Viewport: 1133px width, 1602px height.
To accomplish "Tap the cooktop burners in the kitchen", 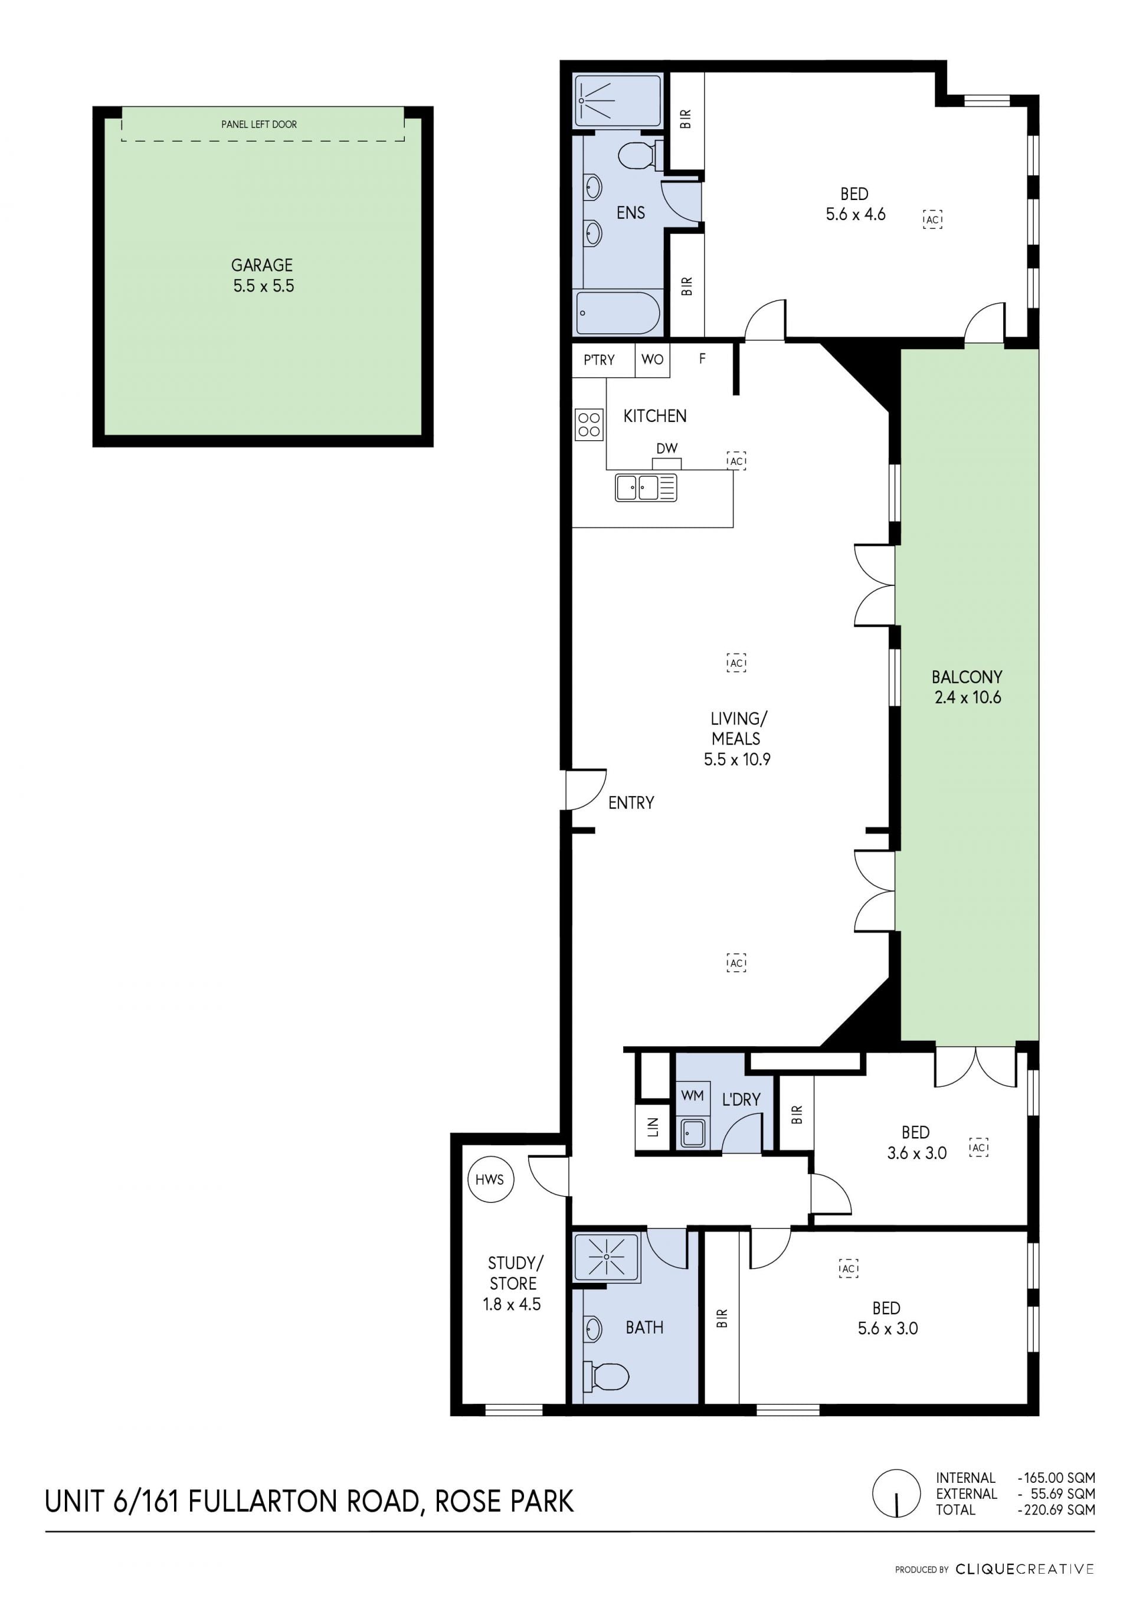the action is coord(589,424).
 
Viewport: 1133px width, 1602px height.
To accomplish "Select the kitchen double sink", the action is coord(646,488).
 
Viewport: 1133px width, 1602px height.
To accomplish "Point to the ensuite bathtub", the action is coord(617,313).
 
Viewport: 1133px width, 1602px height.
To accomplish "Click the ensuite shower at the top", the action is coord(617,101).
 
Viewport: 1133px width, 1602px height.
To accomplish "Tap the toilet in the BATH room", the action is coord(605,1377).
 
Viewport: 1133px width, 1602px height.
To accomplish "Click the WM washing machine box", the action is coord(693,1096).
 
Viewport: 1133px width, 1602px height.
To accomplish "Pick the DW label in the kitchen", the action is coord(666,448).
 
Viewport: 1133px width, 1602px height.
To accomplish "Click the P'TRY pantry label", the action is coord(600,360).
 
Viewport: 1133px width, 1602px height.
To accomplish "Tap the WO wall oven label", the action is coord(652,360).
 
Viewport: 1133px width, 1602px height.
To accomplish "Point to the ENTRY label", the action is coord(631,803).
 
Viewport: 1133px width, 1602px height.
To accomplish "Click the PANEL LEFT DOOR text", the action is coord(259,124).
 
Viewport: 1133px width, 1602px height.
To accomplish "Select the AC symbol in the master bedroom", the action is coord(933,219).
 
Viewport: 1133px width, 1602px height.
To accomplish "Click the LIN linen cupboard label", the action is coord(653,1126).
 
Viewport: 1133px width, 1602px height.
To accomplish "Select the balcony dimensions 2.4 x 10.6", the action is coord(968,697).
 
